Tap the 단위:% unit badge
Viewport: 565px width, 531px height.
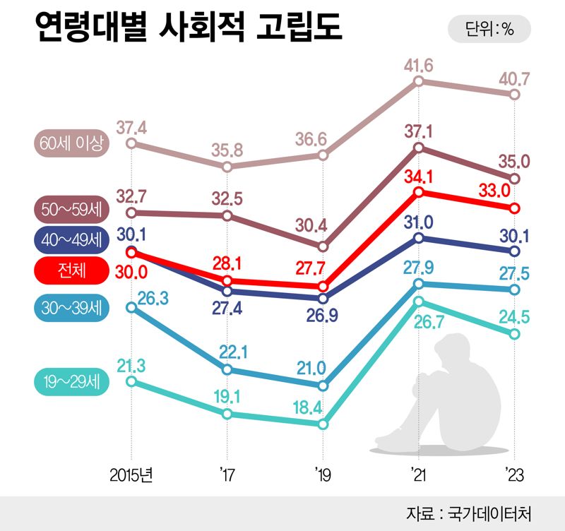[x=489, y=30]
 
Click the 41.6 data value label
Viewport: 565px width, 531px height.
[x=419, y=66]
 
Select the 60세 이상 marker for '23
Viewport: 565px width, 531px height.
[x=514, y=94]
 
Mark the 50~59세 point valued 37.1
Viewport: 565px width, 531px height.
[x=419, y=148]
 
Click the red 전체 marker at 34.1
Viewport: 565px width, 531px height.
[x=419, y=192]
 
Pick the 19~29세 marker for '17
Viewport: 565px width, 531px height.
[x=227, y=414]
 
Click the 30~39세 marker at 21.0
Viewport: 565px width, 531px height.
[x=323, y=386]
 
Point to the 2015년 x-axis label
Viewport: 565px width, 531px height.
[x=131, y=475]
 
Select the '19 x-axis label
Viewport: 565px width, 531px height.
[x=323, y=475]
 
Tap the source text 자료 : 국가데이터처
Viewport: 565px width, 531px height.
[x=480, y=513]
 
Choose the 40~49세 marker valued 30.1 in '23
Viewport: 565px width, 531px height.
[x=514, y=251]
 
